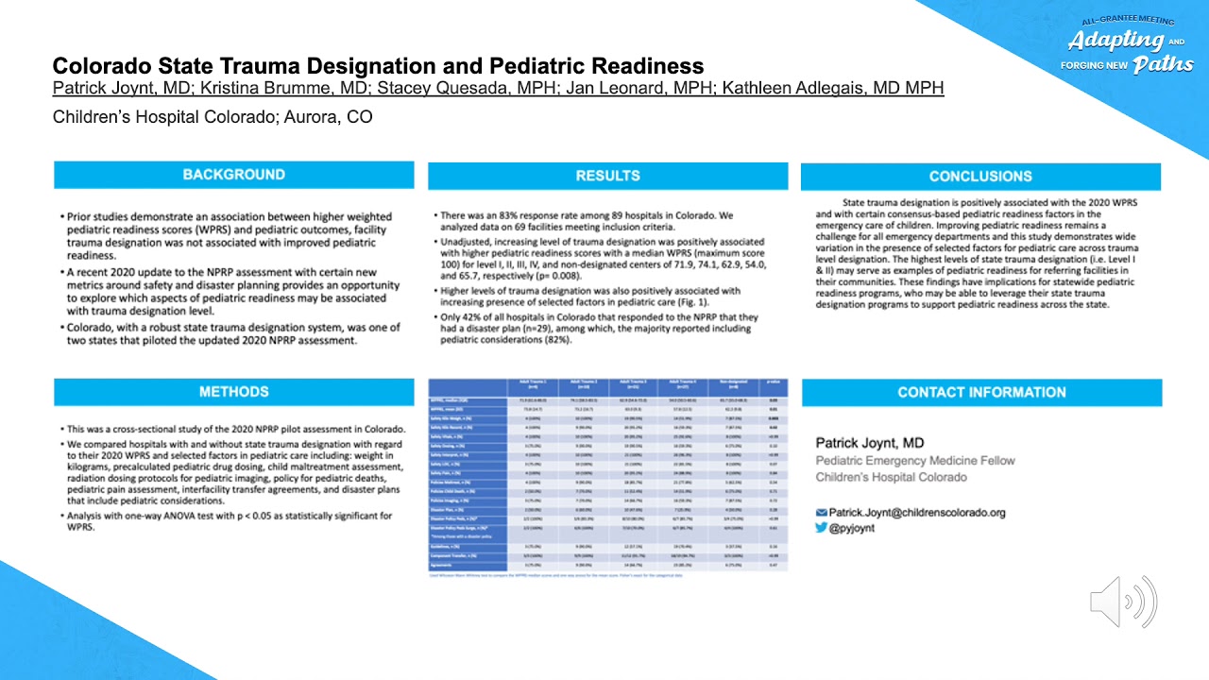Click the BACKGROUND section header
coord(233,175)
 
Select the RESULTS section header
coord(607,176)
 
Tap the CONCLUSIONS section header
coord(980,177)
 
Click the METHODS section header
coord(233,392)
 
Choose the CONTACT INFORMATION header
coord(981,393)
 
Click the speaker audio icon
coord(1123,601)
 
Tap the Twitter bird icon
coord(822,528)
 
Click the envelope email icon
coord(822,513)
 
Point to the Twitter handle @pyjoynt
coord(852,528)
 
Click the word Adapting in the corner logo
coord(1115,41)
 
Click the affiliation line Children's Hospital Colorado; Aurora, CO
coord(213,117)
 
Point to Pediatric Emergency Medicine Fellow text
coord(915,461)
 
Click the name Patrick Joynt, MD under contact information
coord(870,443)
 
